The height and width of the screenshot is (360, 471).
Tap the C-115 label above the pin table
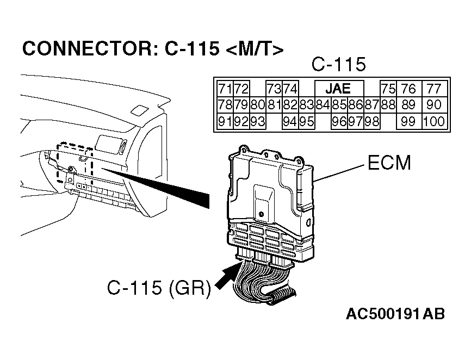click(x=338, y=65)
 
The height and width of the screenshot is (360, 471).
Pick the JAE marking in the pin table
click(x=337, y=89)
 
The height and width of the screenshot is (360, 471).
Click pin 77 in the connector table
click(x=434, y=89)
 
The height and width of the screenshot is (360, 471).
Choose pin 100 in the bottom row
click(x=434, y=122)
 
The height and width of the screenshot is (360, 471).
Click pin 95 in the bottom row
click(x=307, y=122)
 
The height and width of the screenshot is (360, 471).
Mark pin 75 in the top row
click(x=388, y=89)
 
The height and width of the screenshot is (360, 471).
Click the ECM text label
click(x=389, y=163)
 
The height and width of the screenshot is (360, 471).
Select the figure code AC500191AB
click(x=395, y=314)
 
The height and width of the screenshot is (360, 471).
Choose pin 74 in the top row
click(x=290, y=89)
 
